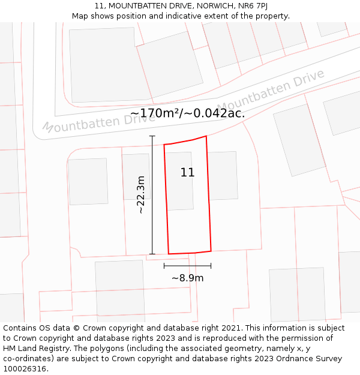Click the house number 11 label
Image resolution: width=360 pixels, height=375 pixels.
187,173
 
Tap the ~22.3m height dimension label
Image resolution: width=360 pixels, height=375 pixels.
140,195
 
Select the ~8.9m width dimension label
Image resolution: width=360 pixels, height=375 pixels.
187,278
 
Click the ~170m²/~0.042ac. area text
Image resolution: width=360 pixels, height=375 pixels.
187,113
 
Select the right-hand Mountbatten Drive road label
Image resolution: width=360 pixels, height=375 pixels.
271,91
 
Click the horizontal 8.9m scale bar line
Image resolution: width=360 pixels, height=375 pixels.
187,265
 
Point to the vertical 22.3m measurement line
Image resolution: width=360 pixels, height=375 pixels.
152,195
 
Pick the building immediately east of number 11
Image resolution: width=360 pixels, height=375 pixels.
222,175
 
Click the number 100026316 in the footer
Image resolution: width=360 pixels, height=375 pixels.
24,369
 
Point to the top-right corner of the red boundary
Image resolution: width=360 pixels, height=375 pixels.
206,136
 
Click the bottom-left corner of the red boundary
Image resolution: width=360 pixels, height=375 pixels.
169,254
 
